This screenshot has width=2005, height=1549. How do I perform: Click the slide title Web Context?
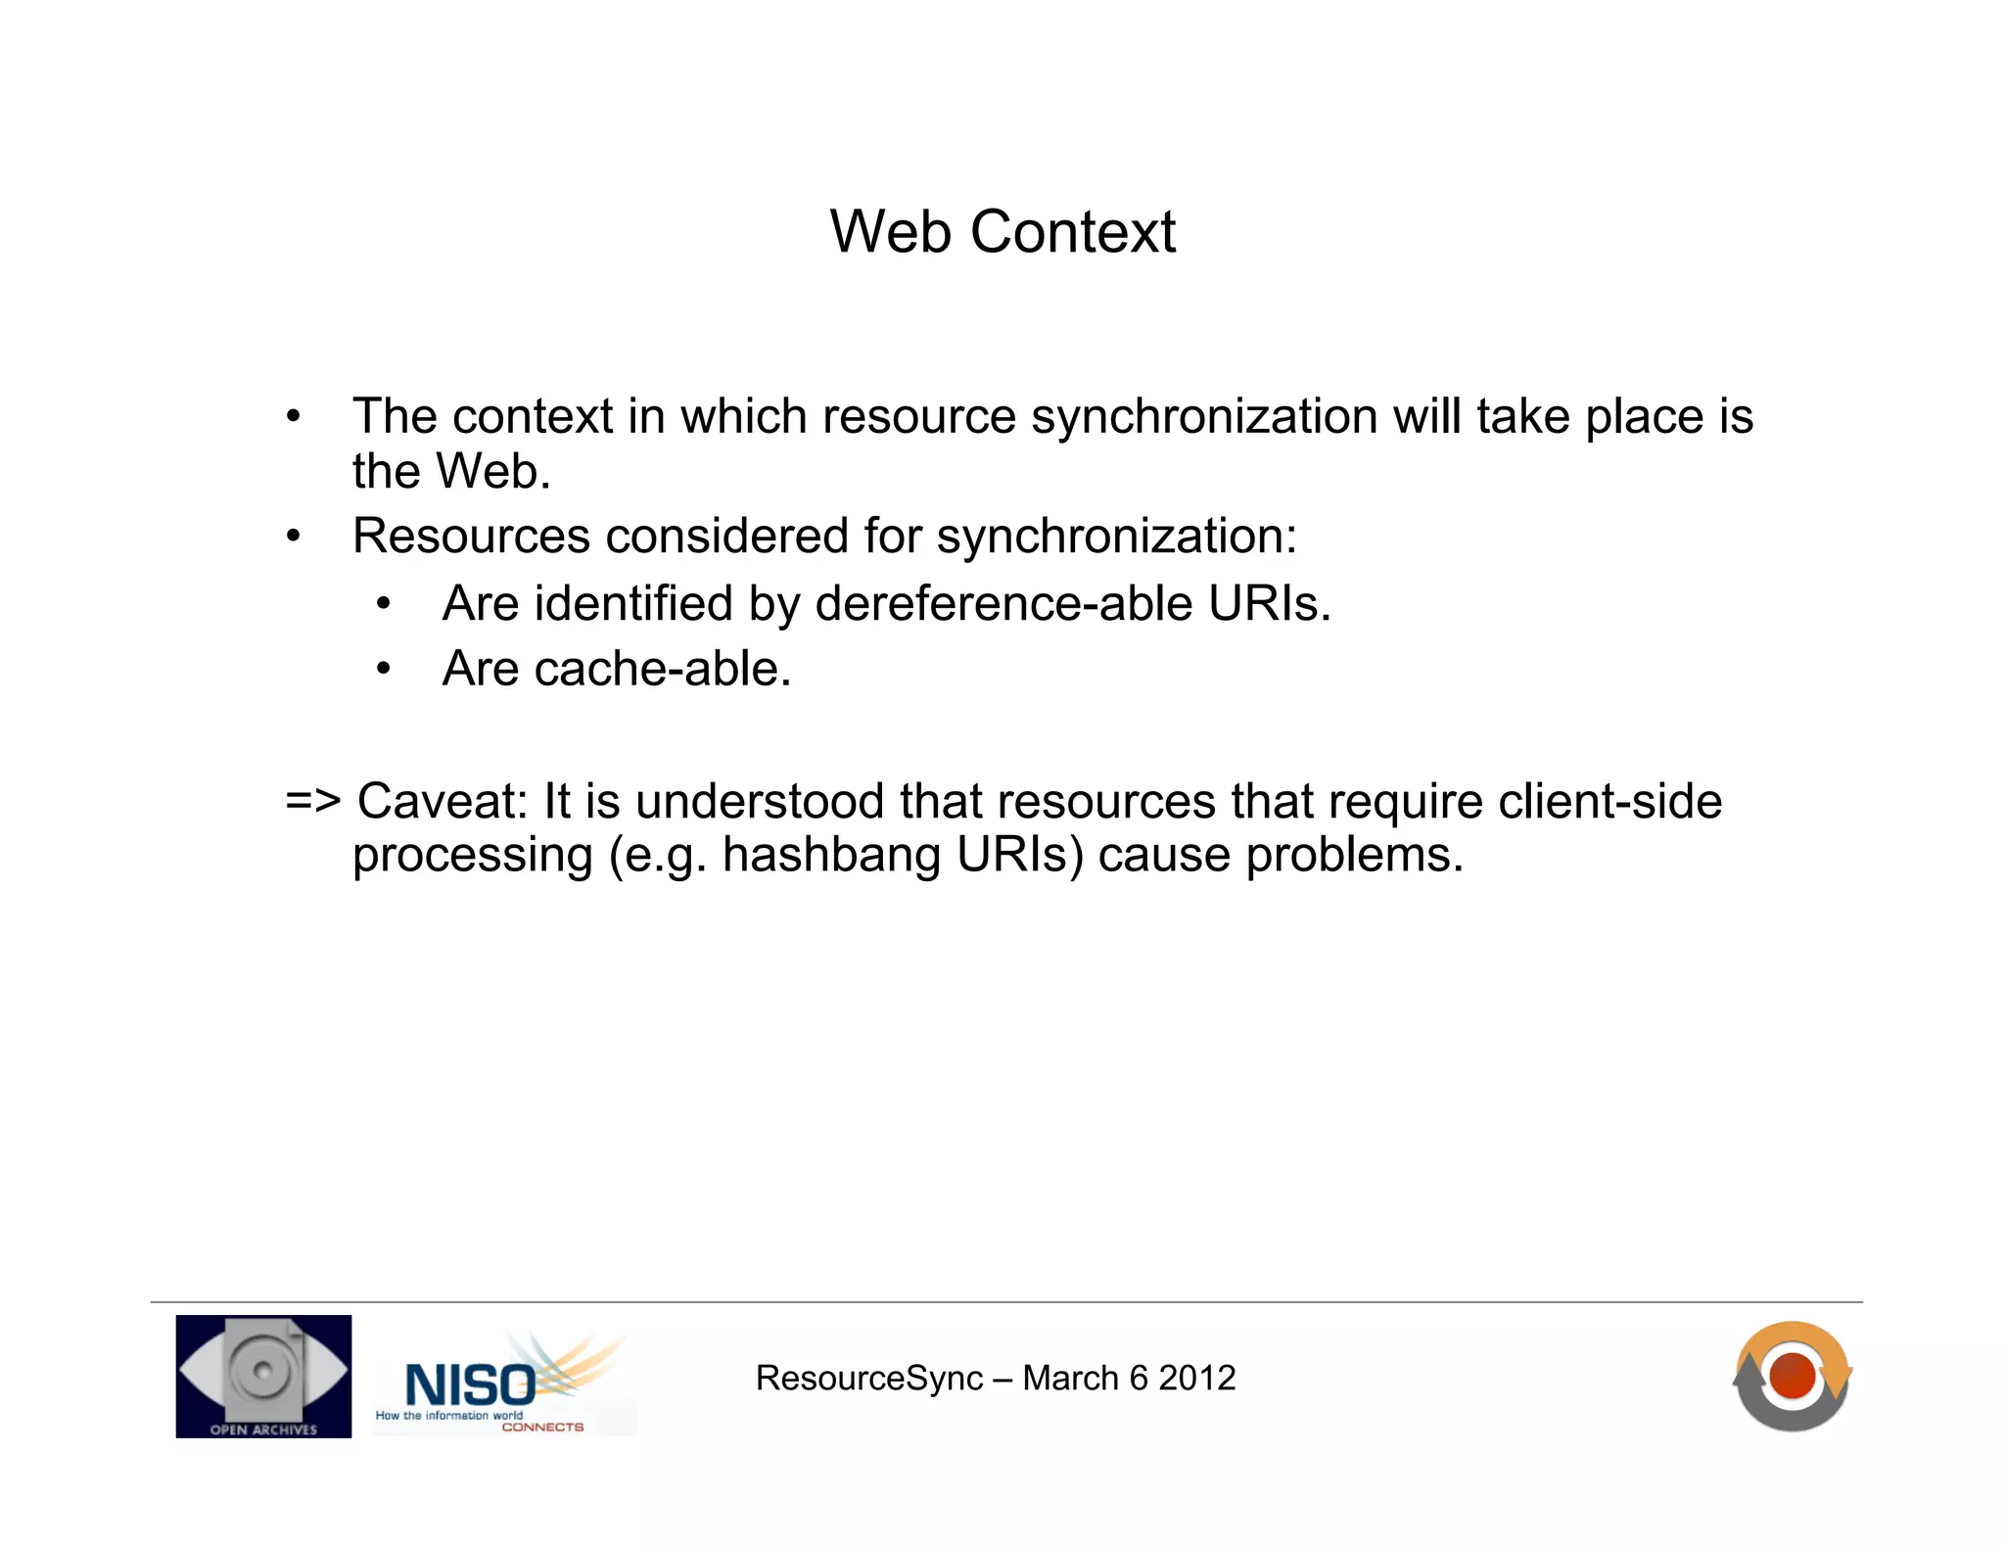click(1002, 233)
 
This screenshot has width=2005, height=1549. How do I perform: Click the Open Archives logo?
click(263, 1376)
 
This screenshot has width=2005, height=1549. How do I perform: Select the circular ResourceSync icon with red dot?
click(1792, 1376)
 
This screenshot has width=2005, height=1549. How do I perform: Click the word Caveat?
click(443, 801)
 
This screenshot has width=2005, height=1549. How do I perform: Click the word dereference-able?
click(1003, 603)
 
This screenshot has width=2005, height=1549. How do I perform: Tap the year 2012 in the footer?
click(1196, 1378)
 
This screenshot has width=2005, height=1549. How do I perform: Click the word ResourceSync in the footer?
click(868, 1378)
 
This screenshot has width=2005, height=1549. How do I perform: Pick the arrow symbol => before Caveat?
click(313, 801)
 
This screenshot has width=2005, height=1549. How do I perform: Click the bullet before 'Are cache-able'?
click(384, 670)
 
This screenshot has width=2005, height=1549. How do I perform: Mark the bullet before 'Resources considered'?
click(294, 537)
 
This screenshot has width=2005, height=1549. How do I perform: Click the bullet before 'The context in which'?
click(294, 417)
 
